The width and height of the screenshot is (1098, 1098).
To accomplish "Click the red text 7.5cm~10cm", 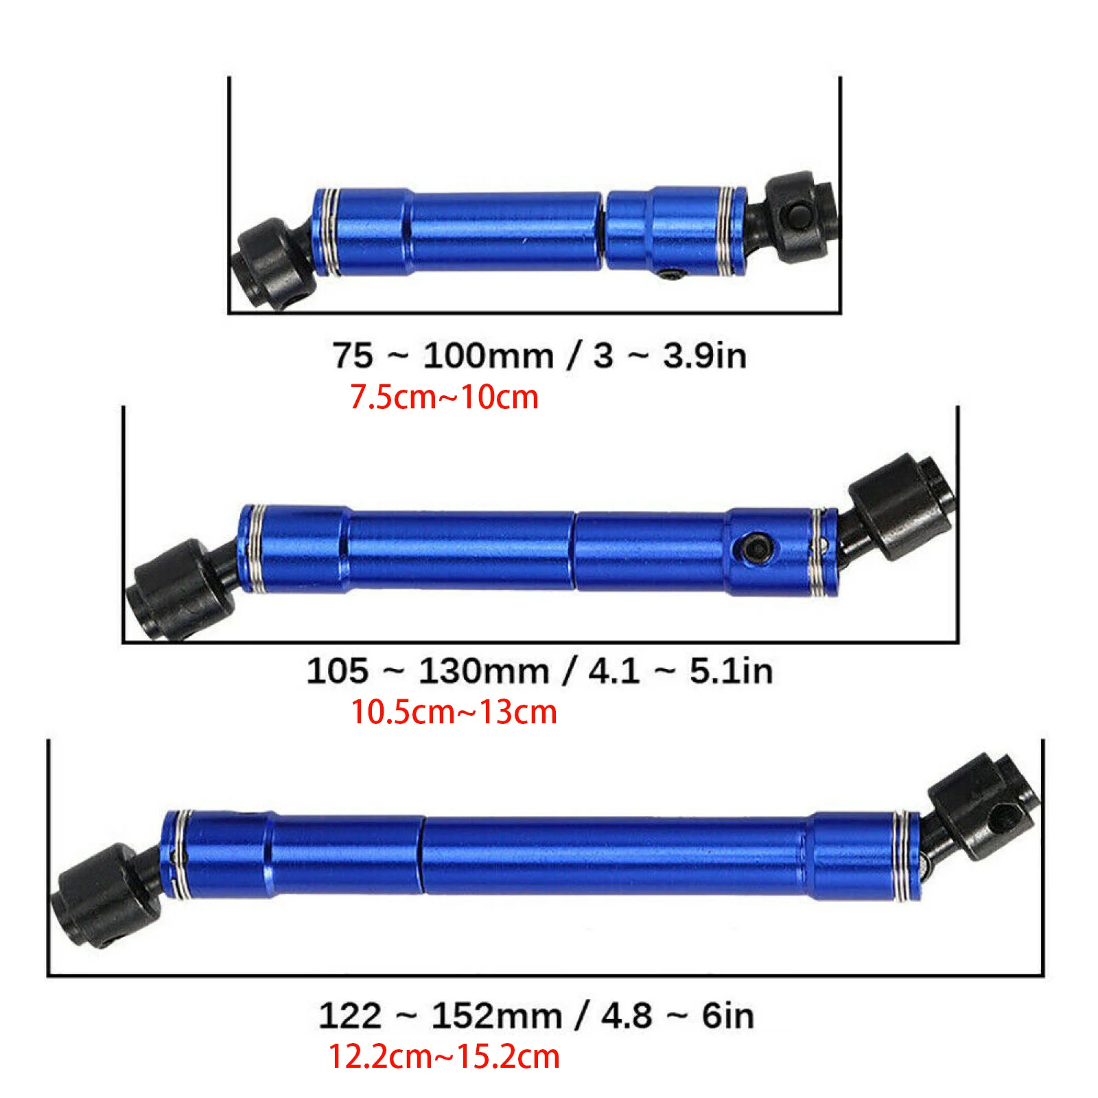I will [444, 397].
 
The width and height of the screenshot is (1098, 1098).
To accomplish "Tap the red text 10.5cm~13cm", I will [454, 712].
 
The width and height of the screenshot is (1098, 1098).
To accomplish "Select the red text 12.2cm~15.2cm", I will [444, 1056].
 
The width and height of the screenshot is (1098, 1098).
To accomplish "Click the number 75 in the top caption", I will [353, 355].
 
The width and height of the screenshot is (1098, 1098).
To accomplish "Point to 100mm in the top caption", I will [488, 355].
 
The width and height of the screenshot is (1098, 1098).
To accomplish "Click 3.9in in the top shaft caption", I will [705, 355].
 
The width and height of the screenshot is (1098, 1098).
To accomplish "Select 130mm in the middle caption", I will [484, 670].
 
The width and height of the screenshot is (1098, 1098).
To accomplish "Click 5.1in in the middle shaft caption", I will [731, 670].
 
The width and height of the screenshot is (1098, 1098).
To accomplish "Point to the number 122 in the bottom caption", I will [349, 1015].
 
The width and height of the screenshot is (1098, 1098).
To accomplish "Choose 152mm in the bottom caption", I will [496, 1015].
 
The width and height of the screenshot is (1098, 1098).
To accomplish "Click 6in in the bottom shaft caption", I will [727, 1015].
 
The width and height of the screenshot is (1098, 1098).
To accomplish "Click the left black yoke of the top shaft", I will [269, 264].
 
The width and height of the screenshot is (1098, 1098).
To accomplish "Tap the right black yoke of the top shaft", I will [799, 215].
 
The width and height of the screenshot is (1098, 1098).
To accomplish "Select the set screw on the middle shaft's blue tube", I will [753, 548].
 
